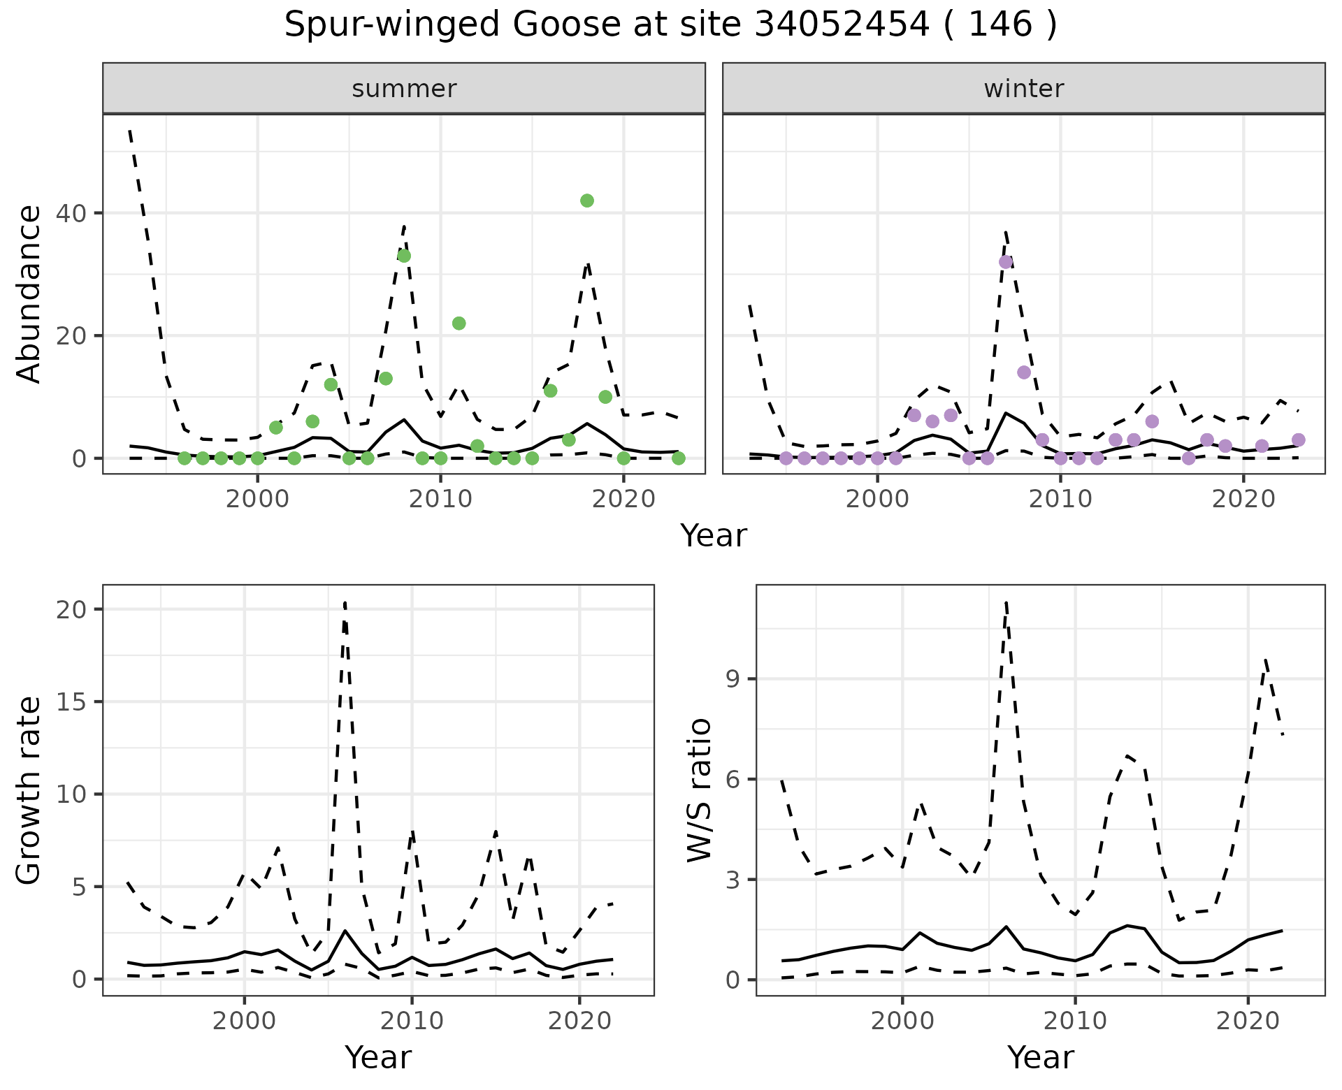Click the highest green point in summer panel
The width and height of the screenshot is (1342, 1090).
coord(587,201)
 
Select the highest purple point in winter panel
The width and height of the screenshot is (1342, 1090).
coord(1006,262)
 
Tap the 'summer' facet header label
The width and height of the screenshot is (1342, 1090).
coord(404,89)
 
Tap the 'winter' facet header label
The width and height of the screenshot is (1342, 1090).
coord(1024,89)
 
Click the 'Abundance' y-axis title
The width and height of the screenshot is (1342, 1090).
coord(29,294)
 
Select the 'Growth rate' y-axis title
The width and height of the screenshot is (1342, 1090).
coord(29,790)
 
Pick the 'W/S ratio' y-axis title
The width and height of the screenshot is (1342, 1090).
coord(699,790)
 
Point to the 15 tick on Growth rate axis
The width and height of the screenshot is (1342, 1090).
coord(73,702)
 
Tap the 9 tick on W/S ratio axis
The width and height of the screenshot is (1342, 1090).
coord(733,679)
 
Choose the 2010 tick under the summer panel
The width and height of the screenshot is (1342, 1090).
coord(440,499)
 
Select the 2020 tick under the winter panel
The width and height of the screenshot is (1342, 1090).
coord(1243,499)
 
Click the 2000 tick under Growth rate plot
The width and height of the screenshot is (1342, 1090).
coord(244,1021)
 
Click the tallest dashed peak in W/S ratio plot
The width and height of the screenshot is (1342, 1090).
coord(1006,602)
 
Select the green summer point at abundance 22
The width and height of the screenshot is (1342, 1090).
coord(459,324)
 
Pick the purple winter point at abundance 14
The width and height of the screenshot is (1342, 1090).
coord(1024,372)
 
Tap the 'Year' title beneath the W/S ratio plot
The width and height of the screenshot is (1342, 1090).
coord(1040,1057)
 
